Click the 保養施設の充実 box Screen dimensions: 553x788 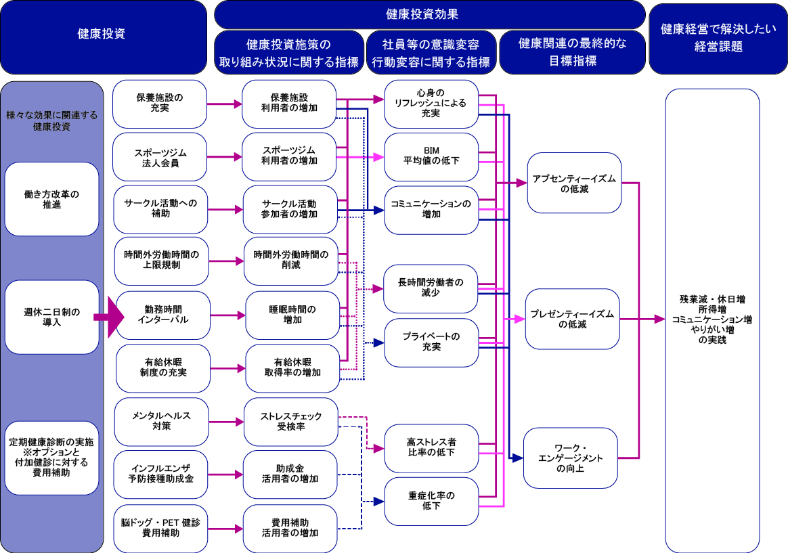tap(159, 104)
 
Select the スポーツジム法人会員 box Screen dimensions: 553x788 tap(159, 157)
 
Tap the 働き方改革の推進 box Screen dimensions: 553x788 tap(51, 199)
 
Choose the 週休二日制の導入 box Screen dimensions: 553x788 tap(51, 317)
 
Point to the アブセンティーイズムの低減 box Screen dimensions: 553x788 tap(574, 185)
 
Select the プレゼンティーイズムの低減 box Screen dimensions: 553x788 tap(573, 319)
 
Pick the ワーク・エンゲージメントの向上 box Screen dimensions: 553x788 tap(570, 458)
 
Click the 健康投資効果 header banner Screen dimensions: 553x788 tap(430, 14)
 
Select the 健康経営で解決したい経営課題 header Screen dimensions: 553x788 tap(718, 37)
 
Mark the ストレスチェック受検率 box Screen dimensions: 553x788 tap(290, 422)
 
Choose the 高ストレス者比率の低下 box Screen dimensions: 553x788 tap(431, 447)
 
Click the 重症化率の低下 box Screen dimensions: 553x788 tap(431, 501)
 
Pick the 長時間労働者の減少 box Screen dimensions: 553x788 tap(431, 288)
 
